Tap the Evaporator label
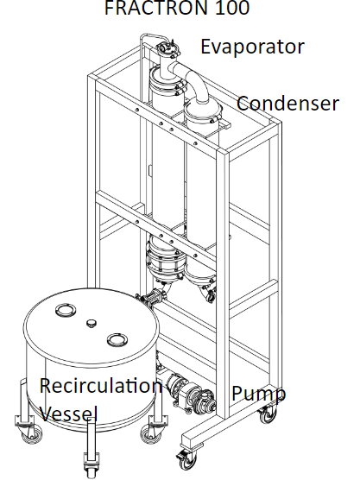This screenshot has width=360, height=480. pyautogui.click(x=253, y=47)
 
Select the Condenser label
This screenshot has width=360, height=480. pyautogui.click(x=287, y=103)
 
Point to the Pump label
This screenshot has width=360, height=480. pyautogui.click(x=259, y=394)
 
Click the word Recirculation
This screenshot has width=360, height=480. pyautogui.click(x=101, y=385)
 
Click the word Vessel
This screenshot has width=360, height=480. pyautogui.click(x=68, y=414)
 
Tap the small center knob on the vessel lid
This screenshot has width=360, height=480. pyautogui.click(x=92, y=323)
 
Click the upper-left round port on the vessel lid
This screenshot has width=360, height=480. pyautogui.click(x=66, y=310)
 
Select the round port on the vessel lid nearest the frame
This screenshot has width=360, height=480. pyautogui.click(x=117, y=339)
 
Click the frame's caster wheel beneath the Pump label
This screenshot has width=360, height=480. pyautogui.click(x=268, y=414)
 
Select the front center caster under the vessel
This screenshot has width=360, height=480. pyautogui.click(x=92, y=467)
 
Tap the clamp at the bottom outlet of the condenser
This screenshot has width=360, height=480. pyautogui.click(x=210, y=296)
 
